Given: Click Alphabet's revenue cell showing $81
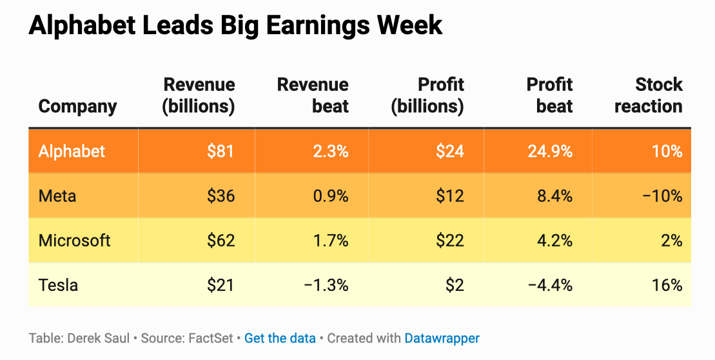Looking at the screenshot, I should (220, 152).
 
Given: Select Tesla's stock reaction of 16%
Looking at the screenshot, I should (667, 285).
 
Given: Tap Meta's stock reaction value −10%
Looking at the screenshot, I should (661, 196).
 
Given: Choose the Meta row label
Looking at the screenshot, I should (57, 196).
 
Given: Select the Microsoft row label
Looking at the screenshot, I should (75, 241).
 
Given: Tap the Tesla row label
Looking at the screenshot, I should (58, 285).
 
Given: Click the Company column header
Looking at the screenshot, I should (78, 106).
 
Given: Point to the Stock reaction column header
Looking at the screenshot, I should (649, 95).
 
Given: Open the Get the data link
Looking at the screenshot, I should (280, 338).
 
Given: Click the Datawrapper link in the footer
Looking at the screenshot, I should (442, 338).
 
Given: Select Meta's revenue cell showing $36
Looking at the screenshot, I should (220, 196).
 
